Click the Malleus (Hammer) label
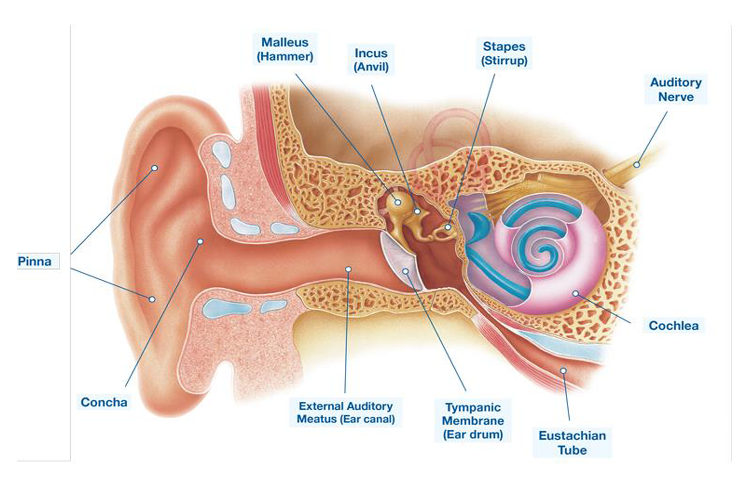point(285,49)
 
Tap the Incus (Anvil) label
point(371,60)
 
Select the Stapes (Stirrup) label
point(504,53)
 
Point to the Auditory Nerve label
point(676,89)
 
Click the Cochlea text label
point(673,325)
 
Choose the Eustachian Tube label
point(572,442)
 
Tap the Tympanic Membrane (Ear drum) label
point(473,420)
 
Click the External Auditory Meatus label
point(346,412)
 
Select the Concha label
point(104,402)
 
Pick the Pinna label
point(34,261)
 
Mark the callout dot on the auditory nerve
point(637,165)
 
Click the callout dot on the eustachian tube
point(564,371)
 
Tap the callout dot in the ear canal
point(348,269)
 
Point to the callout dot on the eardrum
point(405,271)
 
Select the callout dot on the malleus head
point(398,202)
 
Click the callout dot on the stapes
point(448,227)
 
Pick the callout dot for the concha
point(200,241)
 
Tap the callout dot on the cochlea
point(575,294)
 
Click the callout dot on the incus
point(417,212)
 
